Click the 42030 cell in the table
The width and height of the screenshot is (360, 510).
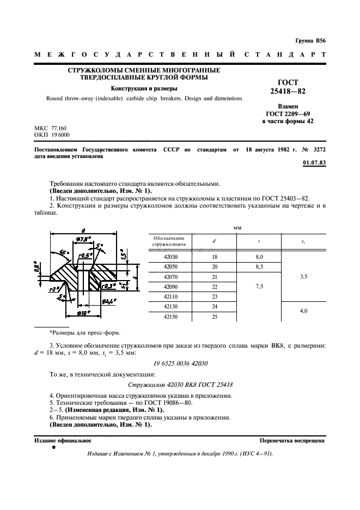click(170, 257)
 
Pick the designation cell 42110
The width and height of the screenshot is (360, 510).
click(170, 296)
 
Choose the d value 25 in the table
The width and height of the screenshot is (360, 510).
click(214, 316)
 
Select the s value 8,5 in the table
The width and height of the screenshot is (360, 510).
click(259, 266)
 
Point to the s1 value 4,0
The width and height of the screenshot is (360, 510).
click(303, 311)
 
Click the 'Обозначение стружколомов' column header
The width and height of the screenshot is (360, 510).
click(170, 241)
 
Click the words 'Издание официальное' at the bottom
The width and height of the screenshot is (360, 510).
click(55, 440)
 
